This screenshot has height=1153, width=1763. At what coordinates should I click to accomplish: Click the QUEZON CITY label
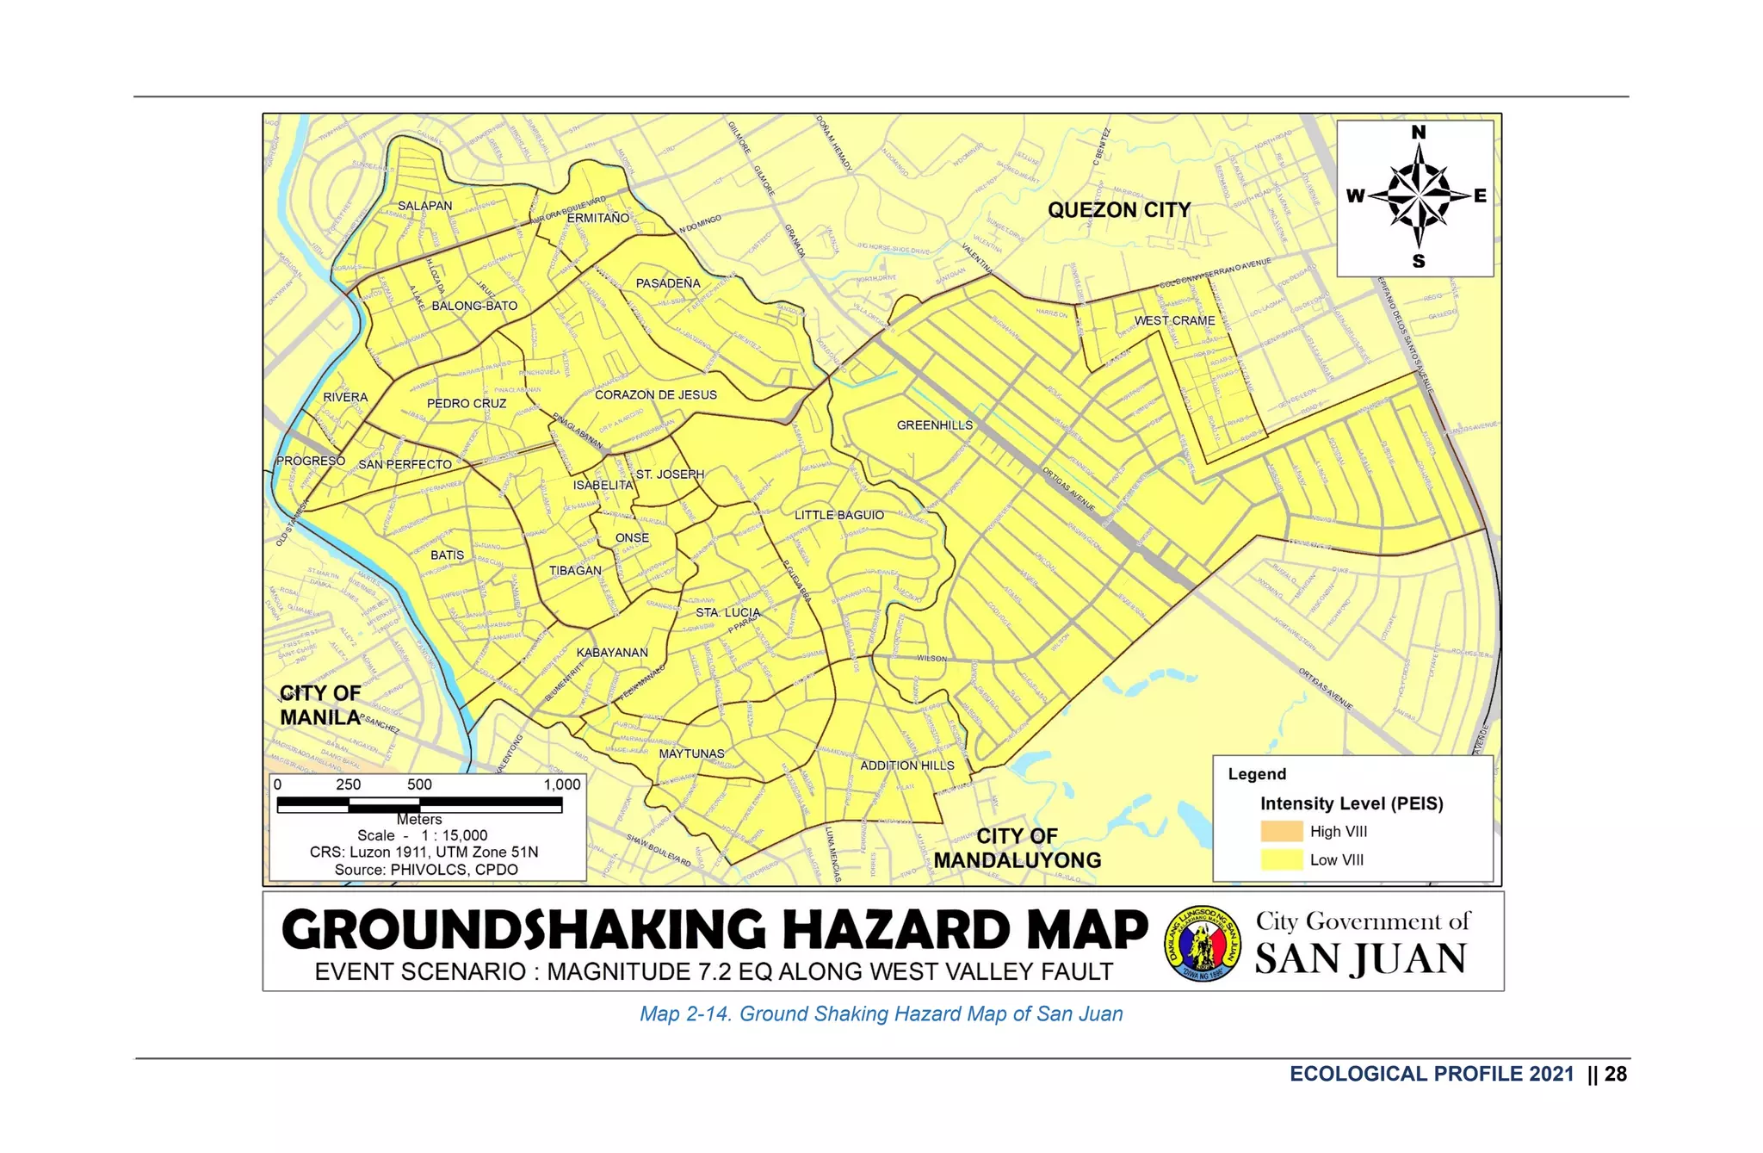(1118, 210)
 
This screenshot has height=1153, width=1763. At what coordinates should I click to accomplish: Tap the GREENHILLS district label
(934, 425)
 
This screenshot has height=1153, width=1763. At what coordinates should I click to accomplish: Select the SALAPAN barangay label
(424, 206)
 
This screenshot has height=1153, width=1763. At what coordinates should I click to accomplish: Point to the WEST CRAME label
(1174, 320)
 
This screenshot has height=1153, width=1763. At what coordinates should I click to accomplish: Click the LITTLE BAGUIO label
(838, 515)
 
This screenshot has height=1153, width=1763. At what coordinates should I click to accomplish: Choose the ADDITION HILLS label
(906, 766)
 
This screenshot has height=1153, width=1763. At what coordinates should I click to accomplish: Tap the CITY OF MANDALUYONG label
(1017, 848)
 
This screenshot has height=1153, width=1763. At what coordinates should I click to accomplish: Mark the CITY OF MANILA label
(320, 705)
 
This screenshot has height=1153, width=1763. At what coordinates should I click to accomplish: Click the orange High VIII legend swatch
(1281, 832)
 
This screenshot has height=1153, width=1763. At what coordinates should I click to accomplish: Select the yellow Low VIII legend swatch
(1281, 859)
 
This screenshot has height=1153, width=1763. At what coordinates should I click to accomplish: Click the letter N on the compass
(1418, 133)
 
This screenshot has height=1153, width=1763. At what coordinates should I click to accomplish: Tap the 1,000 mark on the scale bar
(561, 784)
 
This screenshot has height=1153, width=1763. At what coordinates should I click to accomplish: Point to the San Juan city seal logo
(1202, 943)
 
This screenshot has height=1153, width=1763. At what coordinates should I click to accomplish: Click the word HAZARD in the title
(896, 930)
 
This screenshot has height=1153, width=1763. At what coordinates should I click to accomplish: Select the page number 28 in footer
(1616, 1074)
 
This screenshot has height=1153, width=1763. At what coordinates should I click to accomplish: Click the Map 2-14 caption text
(881, 1014)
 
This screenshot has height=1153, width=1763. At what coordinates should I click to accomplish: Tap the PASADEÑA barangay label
(668, 283)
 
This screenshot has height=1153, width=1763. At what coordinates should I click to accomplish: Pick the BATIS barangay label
(447, 555)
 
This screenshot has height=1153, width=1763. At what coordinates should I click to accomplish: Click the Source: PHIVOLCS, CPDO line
(426, 870)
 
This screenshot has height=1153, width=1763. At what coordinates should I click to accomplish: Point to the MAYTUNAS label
(691, 753)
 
